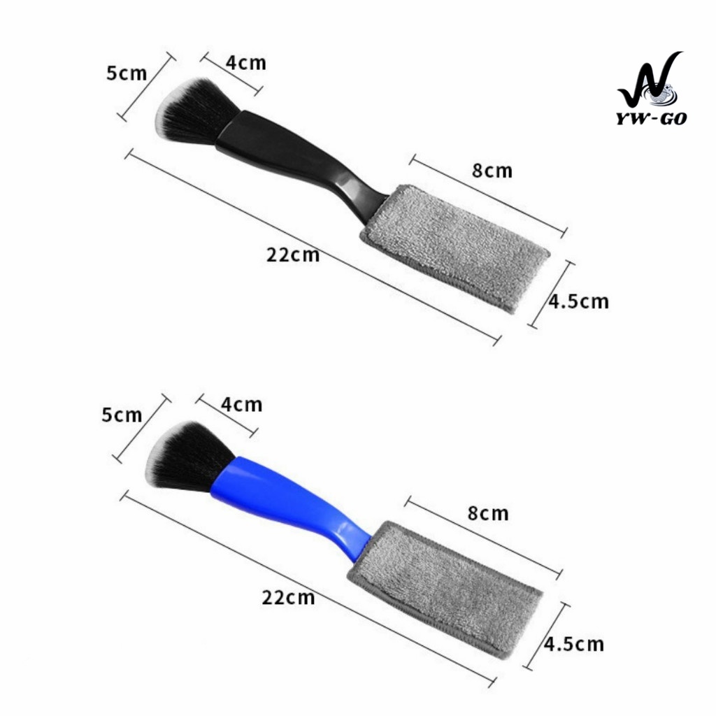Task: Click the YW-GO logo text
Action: coord(652,118)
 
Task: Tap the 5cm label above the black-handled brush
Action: coord(127,73)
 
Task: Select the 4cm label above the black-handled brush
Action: coord(245,62)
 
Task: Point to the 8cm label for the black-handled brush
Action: coord(492,171)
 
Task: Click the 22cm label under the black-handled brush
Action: coord(293,255)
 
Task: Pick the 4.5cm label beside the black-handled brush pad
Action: coord(578,301)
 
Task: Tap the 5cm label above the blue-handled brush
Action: coord(122,415)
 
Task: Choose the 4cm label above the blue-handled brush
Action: coord(241,405)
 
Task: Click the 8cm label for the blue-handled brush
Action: coord(487,513)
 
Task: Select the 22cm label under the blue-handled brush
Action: coord(288,597)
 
